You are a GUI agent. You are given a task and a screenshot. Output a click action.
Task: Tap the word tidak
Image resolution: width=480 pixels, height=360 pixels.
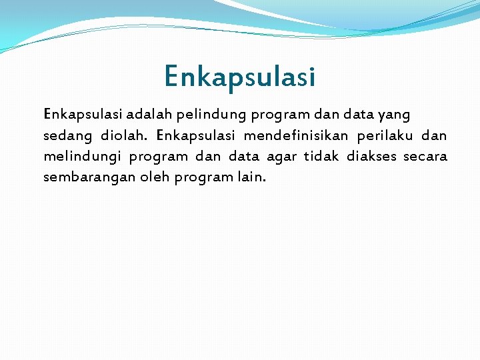(x=321, y=157)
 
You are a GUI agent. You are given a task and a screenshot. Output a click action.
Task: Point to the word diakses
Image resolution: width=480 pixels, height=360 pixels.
(x=371, y=157)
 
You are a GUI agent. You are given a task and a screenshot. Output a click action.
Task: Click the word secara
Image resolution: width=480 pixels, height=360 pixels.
(x=426, y=157)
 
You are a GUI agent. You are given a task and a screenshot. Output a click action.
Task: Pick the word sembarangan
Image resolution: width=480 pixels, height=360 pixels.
(x=85, y=178)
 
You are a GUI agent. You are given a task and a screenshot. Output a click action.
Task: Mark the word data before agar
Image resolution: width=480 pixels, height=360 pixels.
(x=243, y=157)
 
